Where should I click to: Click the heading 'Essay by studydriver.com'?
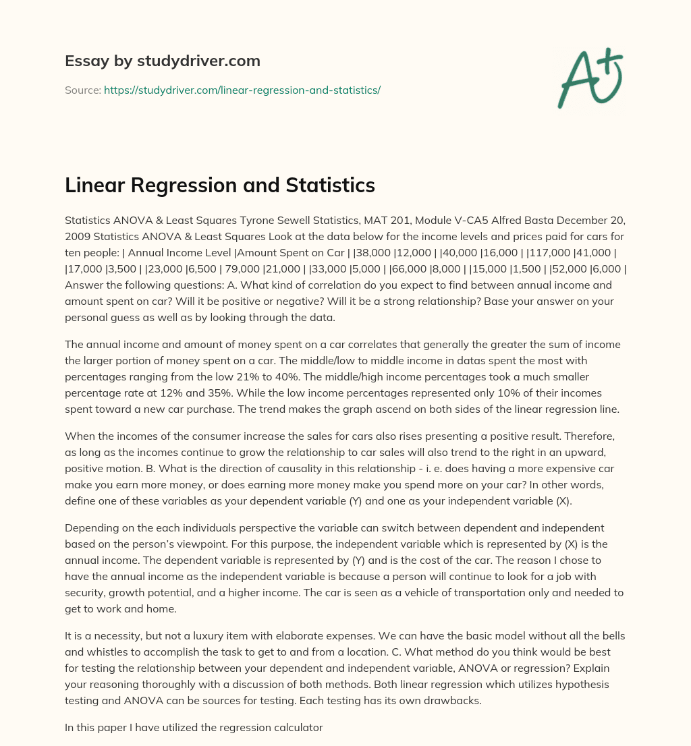click(x=162, y=61)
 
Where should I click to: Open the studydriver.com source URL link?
click(x=242, y=90)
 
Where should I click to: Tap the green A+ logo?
click(x=589, y=78)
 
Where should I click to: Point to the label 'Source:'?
click(x=82, y=90)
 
